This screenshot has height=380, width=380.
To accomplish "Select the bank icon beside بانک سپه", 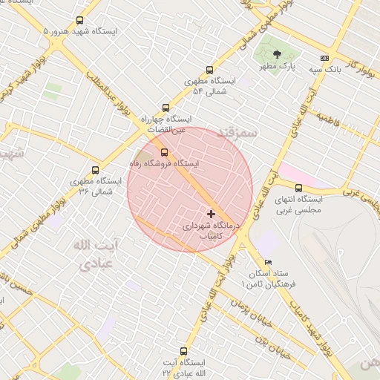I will (x=324, y=57).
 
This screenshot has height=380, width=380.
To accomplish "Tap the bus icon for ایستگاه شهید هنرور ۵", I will (x=80, y=21).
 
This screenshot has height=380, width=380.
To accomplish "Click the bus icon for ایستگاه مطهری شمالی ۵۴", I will (x=209, y=68).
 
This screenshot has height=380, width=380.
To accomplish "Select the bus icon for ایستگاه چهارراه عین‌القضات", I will (x=164, y=108).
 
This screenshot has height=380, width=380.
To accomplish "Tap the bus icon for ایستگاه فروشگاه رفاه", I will (x=164, y=152).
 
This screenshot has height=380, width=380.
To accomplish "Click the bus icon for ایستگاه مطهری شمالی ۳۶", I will (x=95, y=170).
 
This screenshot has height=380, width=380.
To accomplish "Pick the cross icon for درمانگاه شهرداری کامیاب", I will (x=212, y=214).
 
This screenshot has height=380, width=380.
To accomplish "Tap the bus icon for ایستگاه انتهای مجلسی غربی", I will (x=298, y=188).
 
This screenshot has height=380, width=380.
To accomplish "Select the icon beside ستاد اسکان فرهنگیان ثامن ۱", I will (x=268, y=262).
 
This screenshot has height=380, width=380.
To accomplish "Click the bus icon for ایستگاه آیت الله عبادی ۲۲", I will (x=184, y=351).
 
